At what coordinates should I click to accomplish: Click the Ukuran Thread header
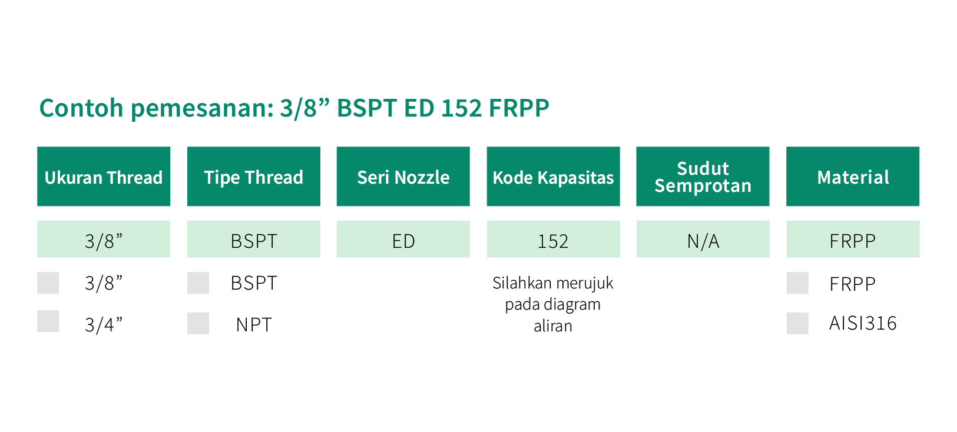click(104, 177)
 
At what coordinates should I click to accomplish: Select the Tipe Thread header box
click(254, 177)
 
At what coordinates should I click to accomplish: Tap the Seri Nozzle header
click(403, 177)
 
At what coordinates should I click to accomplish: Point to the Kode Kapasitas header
click(553, 177)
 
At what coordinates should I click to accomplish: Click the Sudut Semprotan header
click(703, 177)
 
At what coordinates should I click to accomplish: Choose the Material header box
click(853, 177)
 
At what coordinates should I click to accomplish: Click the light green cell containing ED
click(403, 239)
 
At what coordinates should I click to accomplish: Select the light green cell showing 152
click(553, 239)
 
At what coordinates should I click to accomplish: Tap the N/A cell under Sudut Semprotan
click(703, 239)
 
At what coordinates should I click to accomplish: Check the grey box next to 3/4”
click(48, 321)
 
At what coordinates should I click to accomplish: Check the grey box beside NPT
click(198, 323)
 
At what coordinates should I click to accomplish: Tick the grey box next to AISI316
click(797, 323)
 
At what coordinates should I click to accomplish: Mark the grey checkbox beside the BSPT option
click(198, 283)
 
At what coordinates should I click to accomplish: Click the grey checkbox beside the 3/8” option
click(48, 283)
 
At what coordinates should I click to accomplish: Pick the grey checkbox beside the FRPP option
click(797, 283)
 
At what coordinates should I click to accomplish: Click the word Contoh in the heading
click(81, 108)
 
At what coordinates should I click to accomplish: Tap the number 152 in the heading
click(461, 108)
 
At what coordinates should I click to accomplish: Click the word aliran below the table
click(553, 325)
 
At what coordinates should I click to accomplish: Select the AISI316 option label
click(863, 323)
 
